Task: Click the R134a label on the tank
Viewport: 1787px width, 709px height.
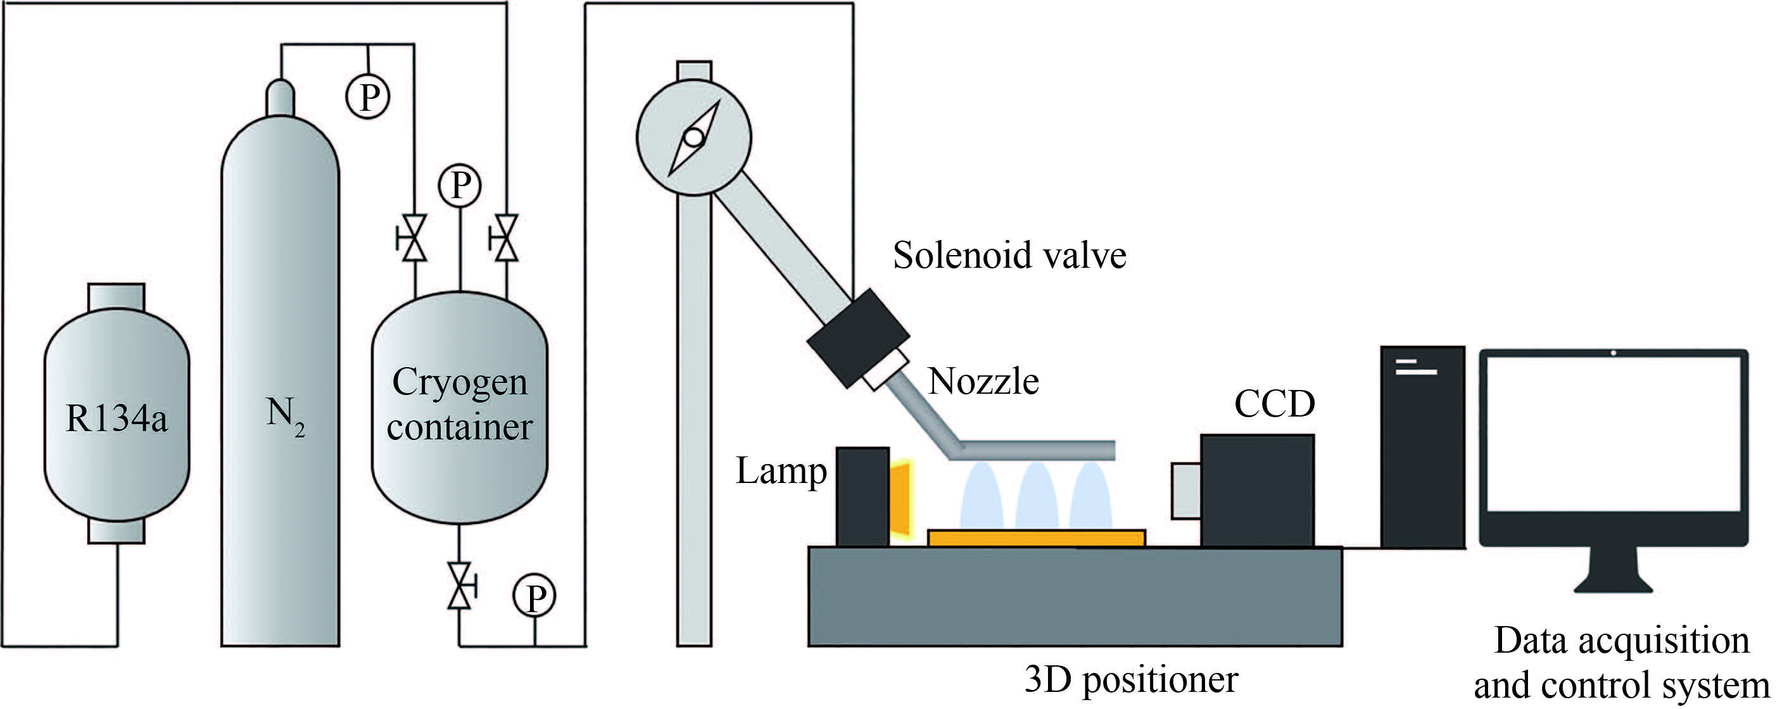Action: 117,419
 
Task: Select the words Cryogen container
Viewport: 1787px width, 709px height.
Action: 459,404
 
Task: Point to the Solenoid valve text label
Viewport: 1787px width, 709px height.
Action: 1009,255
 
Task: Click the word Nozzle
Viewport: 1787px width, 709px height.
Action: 983,382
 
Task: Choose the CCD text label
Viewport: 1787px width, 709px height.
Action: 1274,405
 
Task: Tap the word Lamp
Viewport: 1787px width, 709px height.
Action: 781,472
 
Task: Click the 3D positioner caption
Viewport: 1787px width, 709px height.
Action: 1131,680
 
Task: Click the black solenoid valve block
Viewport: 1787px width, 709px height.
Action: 858,337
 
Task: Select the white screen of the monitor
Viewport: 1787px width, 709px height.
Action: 1613,434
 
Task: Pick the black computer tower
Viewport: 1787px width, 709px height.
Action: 1422,448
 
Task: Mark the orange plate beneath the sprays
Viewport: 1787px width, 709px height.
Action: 1037,537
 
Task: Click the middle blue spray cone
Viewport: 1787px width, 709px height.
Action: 1037,496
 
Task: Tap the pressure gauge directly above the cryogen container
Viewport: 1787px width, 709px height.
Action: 460,185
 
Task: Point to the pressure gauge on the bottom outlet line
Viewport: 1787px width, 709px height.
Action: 534,596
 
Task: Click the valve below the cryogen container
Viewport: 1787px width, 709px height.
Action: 459,586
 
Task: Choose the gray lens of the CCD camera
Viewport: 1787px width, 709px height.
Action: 1186,491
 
